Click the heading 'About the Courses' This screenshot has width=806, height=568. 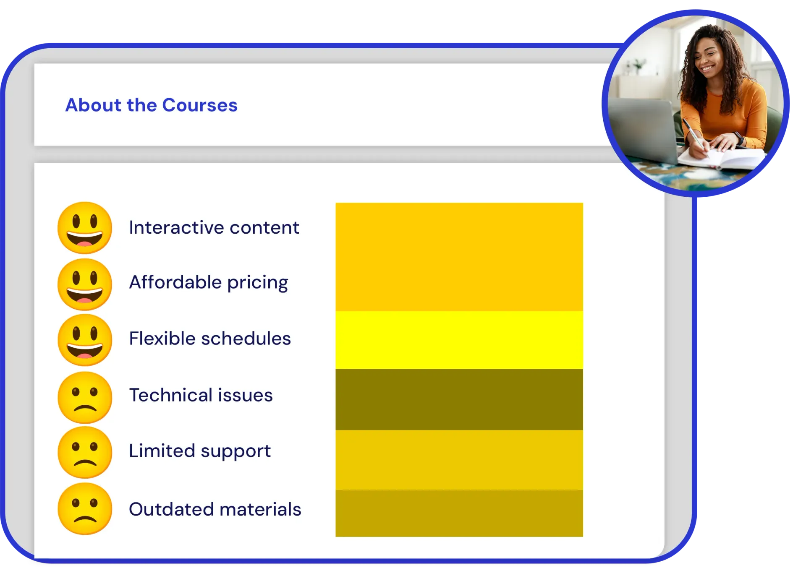point(151,105)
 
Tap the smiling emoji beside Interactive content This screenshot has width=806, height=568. point(85,228)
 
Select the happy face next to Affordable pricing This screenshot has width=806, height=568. point(85,284)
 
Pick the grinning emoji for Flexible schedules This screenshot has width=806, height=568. point(85,340)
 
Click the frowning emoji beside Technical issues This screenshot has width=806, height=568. point(85,397)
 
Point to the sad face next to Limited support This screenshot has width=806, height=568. point(85,453)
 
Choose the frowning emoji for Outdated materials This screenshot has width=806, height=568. point(85,509)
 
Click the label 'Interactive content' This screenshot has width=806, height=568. point(214,227)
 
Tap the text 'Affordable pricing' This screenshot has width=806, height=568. point(209,282)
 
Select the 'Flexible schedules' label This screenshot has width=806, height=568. point(210,338)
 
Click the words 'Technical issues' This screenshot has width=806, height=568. point(201,395)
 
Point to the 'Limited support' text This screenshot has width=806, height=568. point(200,451)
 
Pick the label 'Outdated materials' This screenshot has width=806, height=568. point(215,509)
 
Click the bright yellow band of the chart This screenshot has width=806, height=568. point(459,340)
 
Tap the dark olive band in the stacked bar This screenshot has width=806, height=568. point(459,399)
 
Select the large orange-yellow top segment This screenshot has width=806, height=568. point(459,257)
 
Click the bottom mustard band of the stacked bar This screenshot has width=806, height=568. point(459,513)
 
